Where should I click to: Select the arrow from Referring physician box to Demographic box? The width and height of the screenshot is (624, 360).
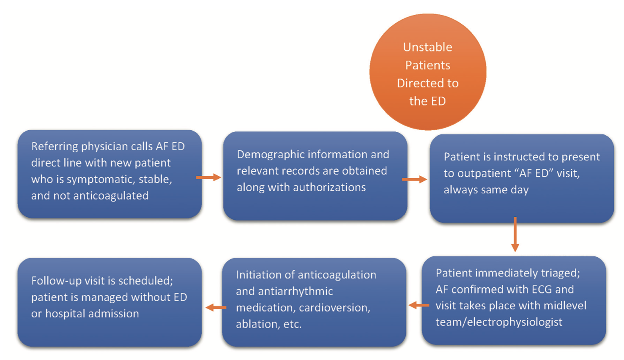tap(208, 177)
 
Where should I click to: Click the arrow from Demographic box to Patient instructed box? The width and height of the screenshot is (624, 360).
tap(414, 180)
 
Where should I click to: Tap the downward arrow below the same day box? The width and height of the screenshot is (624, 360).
tap(515, 235)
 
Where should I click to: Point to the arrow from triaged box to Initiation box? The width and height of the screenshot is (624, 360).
tap(419, 305)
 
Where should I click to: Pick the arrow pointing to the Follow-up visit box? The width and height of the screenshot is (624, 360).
tap(216, 308)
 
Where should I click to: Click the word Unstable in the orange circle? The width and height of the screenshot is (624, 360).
tap(427, 47)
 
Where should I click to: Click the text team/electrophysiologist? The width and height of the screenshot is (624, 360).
tap(499, 322)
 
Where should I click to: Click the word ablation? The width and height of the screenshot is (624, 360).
tap(253, 325)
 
